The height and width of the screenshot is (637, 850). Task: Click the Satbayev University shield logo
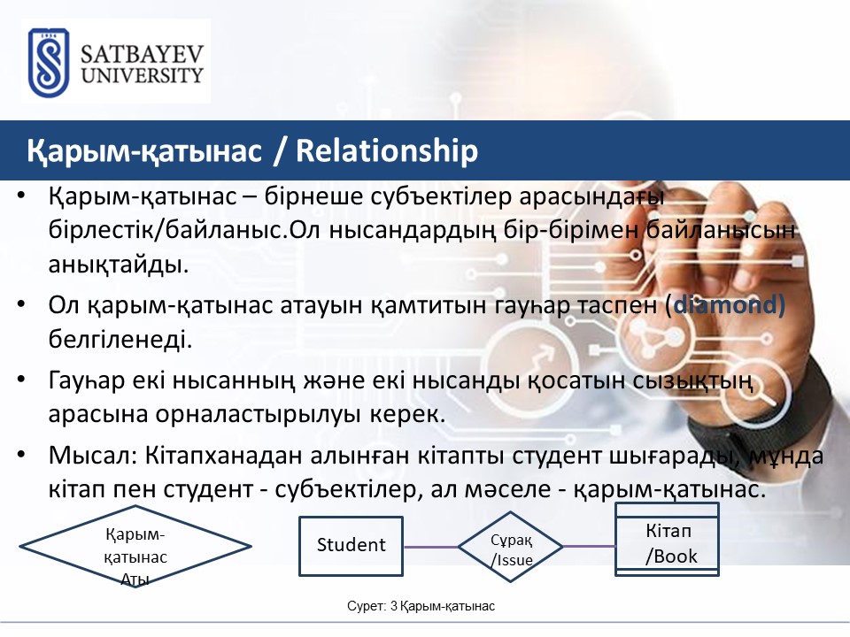(x=49, y=62)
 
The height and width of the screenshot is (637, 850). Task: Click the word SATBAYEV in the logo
(x=142, y=55)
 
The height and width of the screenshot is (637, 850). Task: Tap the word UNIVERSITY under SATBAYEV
(x=142, y=75)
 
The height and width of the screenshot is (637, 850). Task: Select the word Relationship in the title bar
(x=387, y=150)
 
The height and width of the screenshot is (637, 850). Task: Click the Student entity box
(x=352, y=546)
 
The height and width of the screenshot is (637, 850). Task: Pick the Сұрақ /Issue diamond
(x=511, y=547)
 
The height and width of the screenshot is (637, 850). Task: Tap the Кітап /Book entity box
(x=668, y=540)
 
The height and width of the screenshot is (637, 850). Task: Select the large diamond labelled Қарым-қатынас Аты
(x=135, y=546)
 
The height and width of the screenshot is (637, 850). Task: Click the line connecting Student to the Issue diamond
(x=431, y=547)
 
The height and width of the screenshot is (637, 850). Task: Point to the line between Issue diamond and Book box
(x=590, y=546)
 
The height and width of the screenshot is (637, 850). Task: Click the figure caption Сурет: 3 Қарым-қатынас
(x=421, y=606)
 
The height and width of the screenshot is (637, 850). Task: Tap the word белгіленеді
(x=120, y=340)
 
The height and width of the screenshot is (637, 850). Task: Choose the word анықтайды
(x=118, y=265)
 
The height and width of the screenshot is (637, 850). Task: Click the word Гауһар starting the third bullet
(x=87, y=380)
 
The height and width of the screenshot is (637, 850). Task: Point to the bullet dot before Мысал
(x=21, y=454)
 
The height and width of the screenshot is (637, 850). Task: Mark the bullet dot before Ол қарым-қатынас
(x=21, y=303)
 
